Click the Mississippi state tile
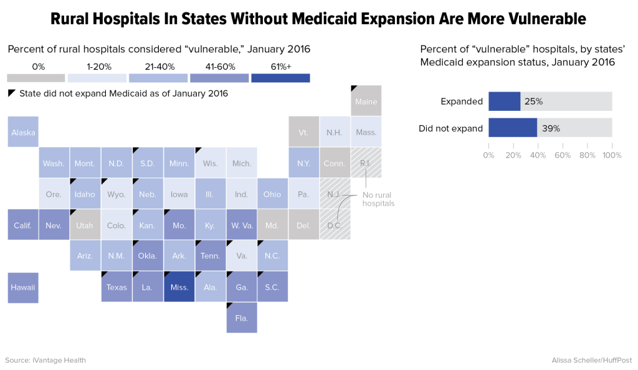coord(179,287)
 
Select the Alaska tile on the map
coord(23,132)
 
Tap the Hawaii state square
coord(23,287)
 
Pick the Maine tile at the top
coord(366,101)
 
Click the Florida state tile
coord(241,318)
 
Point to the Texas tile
coord(117,287)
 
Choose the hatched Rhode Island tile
coord(366,163)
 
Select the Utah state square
coord(85,225)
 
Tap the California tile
coord(23,225)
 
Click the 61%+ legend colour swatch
coord(280,78)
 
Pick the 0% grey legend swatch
coord(36,78)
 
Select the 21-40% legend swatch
coord(158,78)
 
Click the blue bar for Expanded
coord(504,102)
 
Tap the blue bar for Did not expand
coord(513,128)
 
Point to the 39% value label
coord(551,128)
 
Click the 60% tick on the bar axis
coord(563,155)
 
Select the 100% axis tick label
coord(611,155)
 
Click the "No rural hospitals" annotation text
coord(378,199)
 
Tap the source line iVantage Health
coord(45,360)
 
